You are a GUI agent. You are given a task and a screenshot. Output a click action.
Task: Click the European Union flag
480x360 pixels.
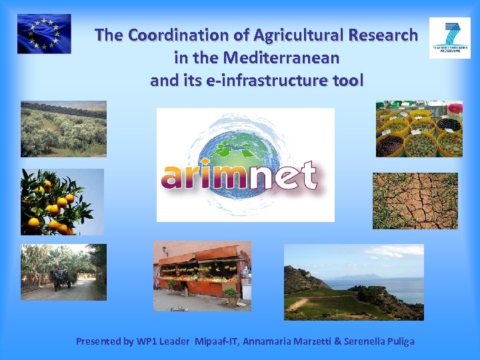click(44, 34)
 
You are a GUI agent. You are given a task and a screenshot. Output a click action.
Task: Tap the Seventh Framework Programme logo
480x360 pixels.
click(449, 38)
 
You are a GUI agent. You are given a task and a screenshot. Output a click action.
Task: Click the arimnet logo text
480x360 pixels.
click(239, 176)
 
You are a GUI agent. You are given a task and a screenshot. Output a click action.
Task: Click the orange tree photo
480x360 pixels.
click(62, 201)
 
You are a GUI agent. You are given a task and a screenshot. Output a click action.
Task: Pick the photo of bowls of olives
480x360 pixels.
click(419, 129)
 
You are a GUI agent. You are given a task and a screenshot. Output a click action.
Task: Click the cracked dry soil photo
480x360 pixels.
click(415, 200)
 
